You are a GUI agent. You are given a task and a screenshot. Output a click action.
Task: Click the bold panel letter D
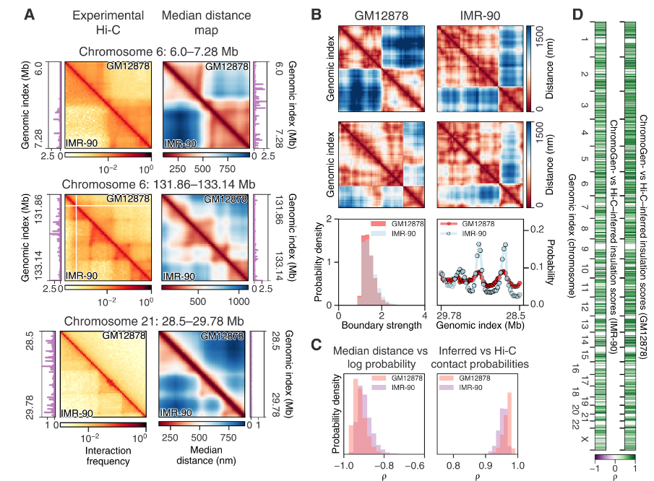click(577, 14)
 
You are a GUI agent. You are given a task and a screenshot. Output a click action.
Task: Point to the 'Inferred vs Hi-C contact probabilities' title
click(478, 358)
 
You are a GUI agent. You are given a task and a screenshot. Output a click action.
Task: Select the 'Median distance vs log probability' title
click(379, 358)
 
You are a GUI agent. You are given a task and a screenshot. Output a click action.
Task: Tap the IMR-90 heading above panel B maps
click(478, 14)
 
